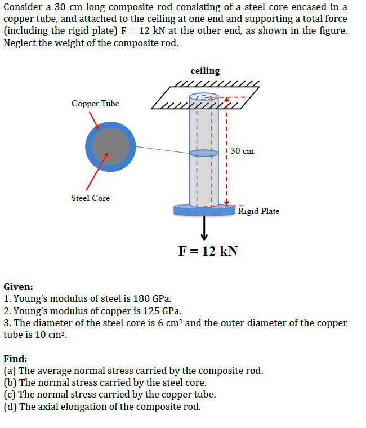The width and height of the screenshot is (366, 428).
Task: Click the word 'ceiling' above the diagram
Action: tap(205, 71)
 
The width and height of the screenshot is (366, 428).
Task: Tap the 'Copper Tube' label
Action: tap(95, 104)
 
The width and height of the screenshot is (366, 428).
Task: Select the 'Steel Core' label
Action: tap(90, 198)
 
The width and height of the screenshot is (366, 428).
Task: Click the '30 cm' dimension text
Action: tap(242, 151)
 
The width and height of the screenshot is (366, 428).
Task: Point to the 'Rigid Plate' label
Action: tap(258, 211)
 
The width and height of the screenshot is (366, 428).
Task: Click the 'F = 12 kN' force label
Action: tap(208, 251)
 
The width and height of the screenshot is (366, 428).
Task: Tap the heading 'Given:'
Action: tap(18, 287)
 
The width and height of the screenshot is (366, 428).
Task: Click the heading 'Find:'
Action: tap(16, 359)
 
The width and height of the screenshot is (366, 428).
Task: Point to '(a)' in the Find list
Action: tap(10, 371)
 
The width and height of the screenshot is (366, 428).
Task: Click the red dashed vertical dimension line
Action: tap(226, 169)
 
